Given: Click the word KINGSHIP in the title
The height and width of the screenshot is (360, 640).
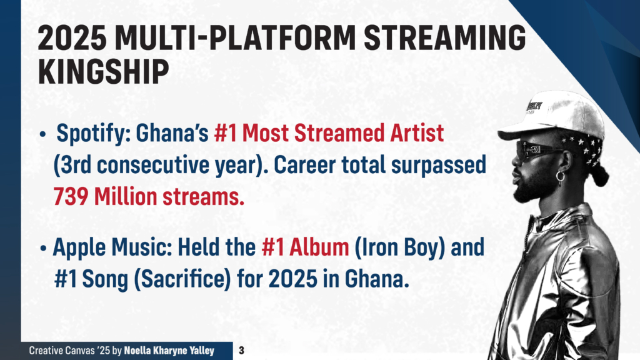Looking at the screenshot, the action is [103, 71].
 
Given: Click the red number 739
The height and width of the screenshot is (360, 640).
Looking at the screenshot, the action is [71, 197].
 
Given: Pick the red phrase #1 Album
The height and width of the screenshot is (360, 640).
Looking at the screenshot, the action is [305, 247].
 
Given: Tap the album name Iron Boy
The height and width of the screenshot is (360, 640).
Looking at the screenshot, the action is [399, 247].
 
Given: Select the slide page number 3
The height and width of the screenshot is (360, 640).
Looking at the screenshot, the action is [241, 351].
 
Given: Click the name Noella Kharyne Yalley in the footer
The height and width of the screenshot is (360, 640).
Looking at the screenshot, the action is [169, 351].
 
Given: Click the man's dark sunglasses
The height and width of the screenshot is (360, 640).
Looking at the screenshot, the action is [537, 150].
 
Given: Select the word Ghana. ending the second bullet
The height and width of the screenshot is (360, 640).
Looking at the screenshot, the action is [377, 279].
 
